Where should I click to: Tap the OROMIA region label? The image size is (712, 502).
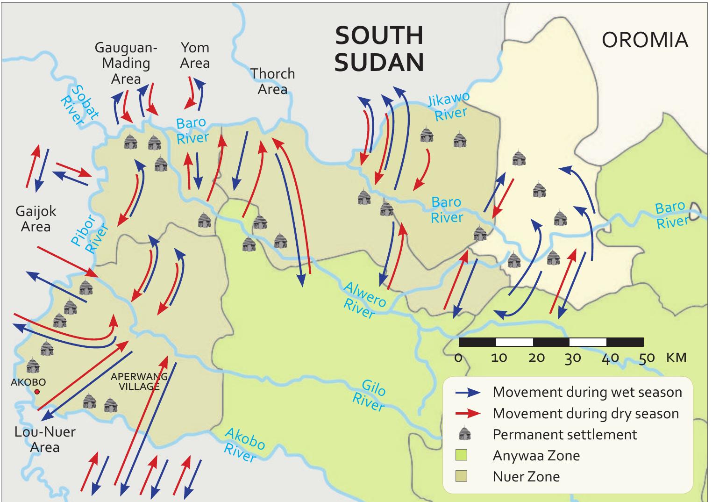coord(645,40)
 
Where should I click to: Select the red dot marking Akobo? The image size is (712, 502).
coord(37,392)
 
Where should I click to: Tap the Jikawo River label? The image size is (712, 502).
coord(449,107)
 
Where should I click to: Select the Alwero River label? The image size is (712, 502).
coord(364,299)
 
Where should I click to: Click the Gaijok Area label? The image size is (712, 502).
coord(36,219)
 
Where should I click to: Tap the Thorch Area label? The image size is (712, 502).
coord(272,81)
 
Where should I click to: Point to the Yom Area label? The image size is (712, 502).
coord(195,55)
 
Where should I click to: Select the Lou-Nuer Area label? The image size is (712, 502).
coord(45,439)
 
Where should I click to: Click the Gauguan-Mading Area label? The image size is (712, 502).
coord(126,63)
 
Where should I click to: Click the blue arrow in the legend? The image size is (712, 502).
coord(468,393)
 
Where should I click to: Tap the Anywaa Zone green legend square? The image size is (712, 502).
coord(462,455)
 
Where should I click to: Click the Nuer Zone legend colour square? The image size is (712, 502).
coord(462,476)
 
